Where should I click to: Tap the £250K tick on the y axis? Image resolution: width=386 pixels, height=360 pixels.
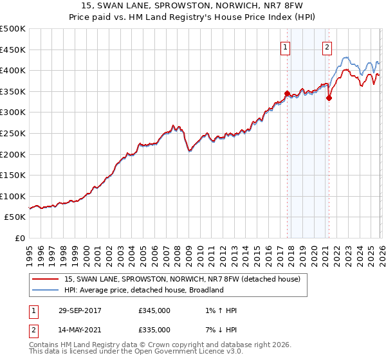[13, 133]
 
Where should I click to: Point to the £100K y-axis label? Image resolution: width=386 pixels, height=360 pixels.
[13, 196]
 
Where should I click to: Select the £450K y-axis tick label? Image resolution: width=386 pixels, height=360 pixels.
[13, 50]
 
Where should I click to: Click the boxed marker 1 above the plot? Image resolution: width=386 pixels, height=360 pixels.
[285, 46]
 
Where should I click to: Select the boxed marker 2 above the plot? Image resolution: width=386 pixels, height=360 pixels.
[327, 46]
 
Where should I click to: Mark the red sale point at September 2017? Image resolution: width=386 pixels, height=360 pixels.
[287, 93]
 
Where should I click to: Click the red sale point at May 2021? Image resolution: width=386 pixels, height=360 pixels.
[329, 98]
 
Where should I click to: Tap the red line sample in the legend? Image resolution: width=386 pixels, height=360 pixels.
[46, 280]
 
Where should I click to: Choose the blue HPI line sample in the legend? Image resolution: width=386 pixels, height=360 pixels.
[46, 291]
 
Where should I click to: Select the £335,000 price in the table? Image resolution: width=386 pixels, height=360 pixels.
[154, 330]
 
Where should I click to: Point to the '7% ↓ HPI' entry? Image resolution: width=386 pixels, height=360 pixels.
[219, 330]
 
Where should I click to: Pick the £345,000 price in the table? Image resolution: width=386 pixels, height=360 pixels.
[154, 311]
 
